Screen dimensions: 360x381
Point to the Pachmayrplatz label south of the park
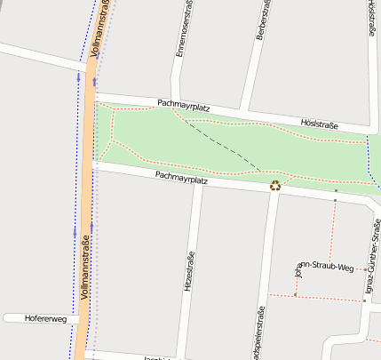(181, 178)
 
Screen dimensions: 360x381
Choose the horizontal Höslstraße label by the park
(320, 125)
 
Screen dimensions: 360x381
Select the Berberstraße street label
(261, 20)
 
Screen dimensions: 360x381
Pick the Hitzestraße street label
(188, 272)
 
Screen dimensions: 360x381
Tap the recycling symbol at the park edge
(275, 185)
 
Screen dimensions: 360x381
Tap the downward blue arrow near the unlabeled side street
(78, 77)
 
